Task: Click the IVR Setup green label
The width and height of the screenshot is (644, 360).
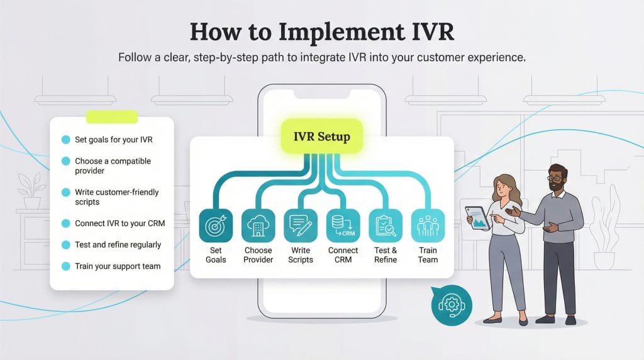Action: tap(322, 137)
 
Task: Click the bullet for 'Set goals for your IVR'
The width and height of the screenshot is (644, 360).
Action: tap(65, 140)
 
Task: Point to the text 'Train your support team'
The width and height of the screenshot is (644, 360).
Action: tap(118, 266)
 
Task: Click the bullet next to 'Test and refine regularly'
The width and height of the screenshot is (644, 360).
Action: tap(65, 245)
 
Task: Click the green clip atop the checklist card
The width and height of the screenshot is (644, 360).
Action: tap(111, 116)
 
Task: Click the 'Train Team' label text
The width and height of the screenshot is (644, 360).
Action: tap(428, 255)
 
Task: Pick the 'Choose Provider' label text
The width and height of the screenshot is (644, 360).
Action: tap(258, 255)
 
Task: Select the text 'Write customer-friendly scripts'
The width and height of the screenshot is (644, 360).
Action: tap(117, 197)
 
